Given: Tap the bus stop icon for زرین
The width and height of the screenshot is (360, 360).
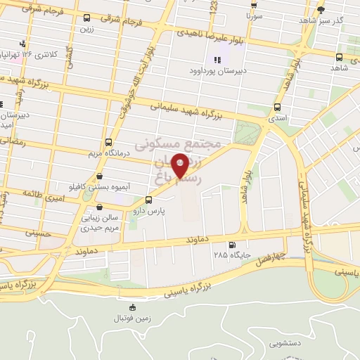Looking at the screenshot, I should pyautogui.click(x=86, y=18).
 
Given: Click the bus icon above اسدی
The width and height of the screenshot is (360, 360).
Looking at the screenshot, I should pyautogui.click(x=277, y=108).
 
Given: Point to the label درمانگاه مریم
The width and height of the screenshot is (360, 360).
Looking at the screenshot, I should pyautogui.click(x=107, y=152).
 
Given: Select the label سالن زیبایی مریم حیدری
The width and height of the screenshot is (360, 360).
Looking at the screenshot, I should pyautogui.click(x=101, y=223).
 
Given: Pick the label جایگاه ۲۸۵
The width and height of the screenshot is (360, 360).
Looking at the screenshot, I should pyautogui.click(x=231, y=255).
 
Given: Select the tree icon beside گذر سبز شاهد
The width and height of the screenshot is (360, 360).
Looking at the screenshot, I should pyautogui.click(x=321, y=10).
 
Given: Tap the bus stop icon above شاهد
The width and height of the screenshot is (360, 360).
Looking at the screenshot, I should pyautogui.click(x=340, y=58).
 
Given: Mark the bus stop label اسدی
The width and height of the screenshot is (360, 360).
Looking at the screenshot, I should pyautogui.click(x=277, y=120).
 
